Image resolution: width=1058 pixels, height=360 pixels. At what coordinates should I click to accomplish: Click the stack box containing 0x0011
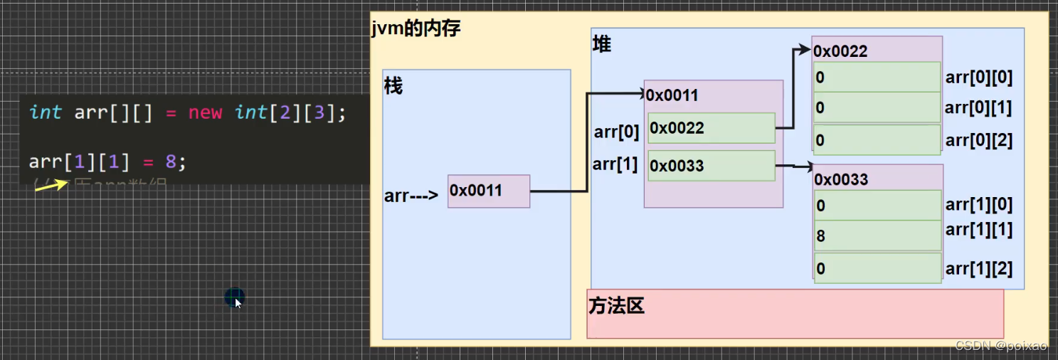pyautogui.click(x=489, y=191)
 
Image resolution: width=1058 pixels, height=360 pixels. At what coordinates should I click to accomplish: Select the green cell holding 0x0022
pyautogui.click(x=711, y=128)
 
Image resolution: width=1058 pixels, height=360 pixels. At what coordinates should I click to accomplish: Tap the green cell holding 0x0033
pyautogui.click(x=711, y=166)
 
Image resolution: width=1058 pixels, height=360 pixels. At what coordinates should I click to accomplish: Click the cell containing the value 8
pyautogui.click(x=877, y=235)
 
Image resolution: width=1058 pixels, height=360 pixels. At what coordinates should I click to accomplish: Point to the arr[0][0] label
pyautogui.click(x=978, y=78)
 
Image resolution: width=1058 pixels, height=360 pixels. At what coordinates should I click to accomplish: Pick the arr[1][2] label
pyautogui.click(x=978, y=269)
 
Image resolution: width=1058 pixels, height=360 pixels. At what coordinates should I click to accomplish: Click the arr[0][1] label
pyautogui.click(x=978, y=108)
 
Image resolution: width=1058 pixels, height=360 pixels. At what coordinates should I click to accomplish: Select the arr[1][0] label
pyautogui.click(x=978, y=205)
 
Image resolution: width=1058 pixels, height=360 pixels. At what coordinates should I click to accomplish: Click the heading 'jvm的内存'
pyautogui.click(x=416, y=28)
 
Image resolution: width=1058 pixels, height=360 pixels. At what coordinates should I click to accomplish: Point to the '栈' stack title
pyautogui.click(x=393, y=86)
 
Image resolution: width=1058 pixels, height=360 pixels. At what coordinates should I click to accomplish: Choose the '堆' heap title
pyautogui.click(x=602, y=44)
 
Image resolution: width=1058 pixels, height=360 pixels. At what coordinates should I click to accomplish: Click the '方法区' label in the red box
pyautogui.click(x=616, y=306)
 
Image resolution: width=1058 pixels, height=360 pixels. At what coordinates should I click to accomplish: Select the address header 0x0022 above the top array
pyautogui.click(x=840, y=51)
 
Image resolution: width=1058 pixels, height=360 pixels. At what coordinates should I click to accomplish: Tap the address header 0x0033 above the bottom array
pyautogui.click(x=841, y=179)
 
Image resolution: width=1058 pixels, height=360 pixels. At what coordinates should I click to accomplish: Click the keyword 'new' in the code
pyautogui.click(x=205, y=112)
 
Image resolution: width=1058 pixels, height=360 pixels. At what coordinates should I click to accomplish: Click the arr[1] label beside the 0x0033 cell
pyautogui.click(x=615, y=164)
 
